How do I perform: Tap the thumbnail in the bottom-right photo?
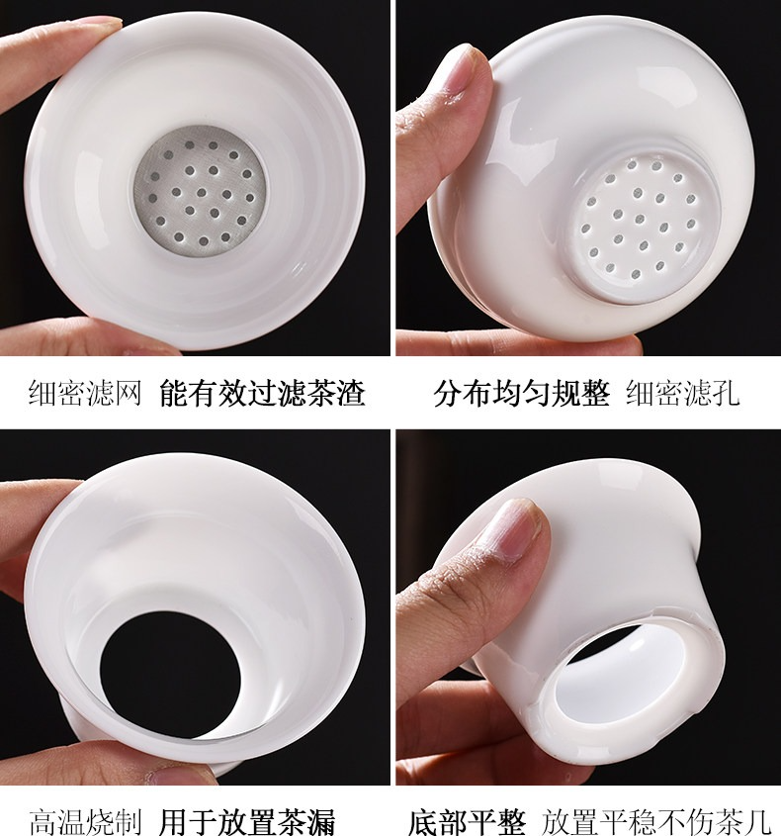click(513, 528)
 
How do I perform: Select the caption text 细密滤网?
click(85, 394)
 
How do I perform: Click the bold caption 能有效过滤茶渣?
click(262, 394)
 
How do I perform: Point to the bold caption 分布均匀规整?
click(522, 394)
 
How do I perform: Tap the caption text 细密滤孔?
click(683, 394)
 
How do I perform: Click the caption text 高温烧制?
click(85, 821)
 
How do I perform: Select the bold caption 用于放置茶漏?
click(247, 821)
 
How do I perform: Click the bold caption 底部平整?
click(467, 821)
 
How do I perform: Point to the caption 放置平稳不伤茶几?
click(656, 821)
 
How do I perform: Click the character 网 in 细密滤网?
click(128, 394)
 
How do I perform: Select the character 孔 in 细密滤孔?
click(726, 394)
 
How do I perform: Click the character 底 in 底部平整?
click(423, 821)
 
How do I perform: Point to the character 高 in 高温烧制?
click(43, 821)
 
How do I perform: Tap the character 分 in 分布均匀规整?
click(448, 394)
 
